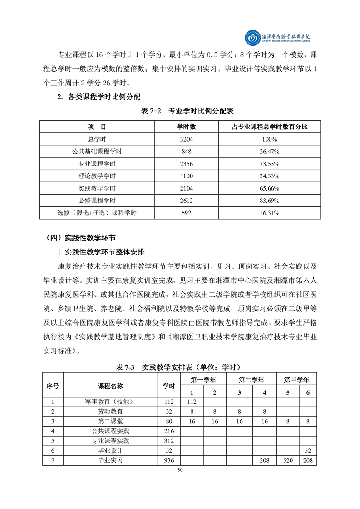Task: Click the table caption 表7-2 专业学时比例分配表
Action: pyautogui.click(x=179, y=111)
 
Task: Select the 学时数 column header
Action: pyautogui.click(x=187, y=127)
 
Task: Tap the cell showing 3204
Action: pyautogui.click(x=187, y=139)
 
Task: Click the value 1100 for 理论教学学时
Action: pyautogui.click(x=187, y=176)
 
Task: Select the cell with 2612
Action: pyautogui.click(x=187, y=200)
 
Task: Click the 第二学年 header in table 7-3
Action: pyautogui.click(x=252, y=379)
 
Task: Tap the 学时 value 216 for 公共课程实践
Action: pyautogui.click(x=169, y=431)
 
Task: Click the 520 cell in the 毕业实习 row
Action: pyautogui.click(x=287, y=460)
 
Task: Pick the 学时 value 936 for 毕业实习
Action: pyautogui.click(x=169, y=460)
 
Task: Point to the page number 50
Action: pyautogui.click(x=180, y=470)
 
